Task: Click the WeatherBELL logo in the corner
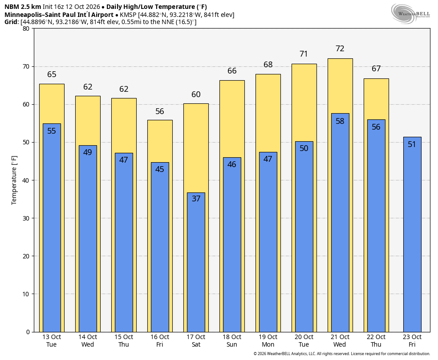point(410,13)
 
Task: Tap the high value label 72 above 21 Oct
point(340,49)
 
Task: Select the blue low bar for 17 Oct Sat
point(196,262)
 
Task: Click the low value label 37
point(196,198)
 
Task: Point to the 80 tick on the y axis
point(26,29)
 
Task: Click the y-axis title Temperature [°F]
point(14,180)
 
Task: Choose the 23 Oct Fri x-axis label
point(412,340)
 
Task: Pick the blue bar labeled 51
point(412,234)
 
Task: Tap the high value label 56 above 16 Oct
point(159,111)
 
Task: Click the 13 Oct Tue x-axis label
point(51,340)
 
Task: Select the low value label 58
point(340,121)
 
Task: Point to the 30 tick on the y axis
point(26,218)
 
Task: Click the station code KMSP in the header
point(128,15)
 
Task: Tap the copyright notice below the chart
point(341,354)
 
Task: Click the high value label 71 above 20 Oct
point(304,53)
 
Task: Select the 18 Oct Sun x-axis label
point(232,340)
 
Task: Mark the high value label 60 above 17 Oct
point(196,94)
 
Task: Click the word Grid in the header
point(11,22)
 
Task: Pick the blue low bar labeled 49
point(88,238)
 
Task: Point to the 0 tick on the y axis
point(28,332)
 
